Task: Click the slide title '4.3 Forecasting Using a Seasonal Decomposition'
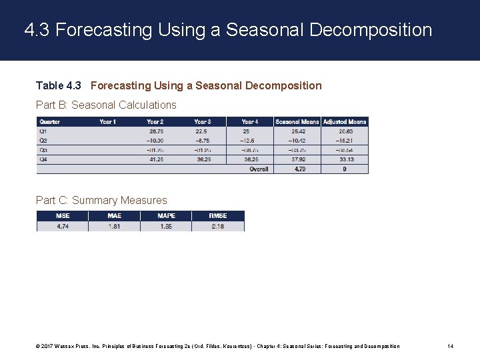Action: pos(228,30)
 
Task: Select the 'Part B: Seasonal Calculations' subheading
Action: pos(106,105)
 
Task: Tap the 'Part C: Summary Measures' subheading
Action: pos(101,200)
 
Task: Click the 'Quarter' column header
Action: pos(50,122)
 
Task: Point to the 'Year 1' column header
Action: pos(107,122)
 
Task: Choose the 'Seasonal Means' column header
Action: pos(297,122)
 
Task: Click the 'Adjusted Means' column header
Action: pos(344,122)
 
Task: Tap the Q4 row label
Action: pos(44,159)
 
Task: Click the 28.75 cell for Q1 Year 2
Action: pos(157,131)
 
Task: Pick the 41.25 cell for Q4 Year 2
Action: pos(157,159)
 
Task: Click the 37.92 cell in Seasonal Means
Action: pos(298,159)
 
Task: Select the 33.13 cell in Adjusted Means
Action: pos(345,159)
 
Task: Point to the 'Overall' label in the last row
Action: pos(259,169)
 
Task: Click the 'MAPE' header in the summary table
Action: pos(166,216)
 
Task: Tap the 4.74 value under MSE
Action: pos(63,226)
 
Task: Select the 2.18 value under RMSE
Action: pos(218,226)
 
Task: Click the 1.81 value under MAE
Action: pos(115,226)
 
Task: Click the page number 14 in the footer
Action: pos(451,346)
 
